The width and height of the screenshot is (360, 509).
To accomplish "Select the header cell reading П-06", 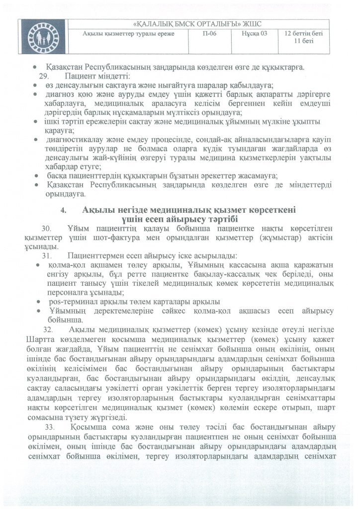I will pyautogui.click(x=211, y=34).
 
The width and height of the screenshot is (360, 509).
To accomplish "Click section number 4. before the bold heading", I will pyautogui.click(x=63, y=211).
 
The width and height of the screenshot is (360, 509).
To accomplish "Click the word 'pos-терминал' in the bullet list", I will pyautogui.click(x=68, y=302).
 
